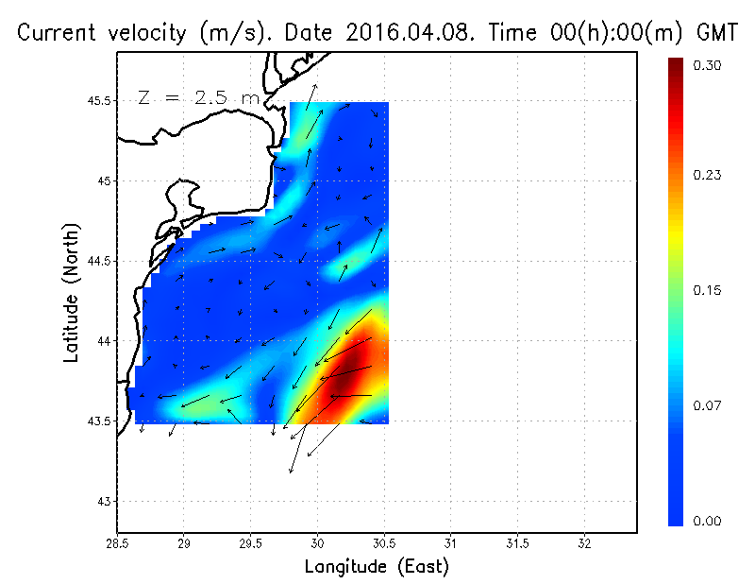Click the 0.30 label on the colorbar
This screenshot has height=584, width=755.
coord(708,65)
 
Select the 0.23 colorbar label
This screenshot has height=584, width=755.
coord(708,175)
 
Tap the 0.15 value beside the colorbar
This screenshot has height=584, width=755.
coord(708,290)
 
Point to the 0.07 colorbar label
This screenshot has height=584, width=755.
coord(708,405)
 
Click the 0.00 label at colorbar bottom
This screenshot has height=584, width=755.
coord(708,521)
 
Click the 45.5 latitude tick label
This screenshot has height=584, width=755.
coord(97,100)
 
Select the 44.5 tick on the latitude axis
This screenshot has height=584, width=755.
coord(97,261)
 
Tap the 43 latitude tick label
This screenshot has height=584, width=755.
coord(104,501)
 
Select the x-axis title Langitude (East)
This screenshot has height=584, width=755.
coord(377,567)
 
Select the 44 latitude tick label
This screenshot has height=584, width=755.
coord(104,341)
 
